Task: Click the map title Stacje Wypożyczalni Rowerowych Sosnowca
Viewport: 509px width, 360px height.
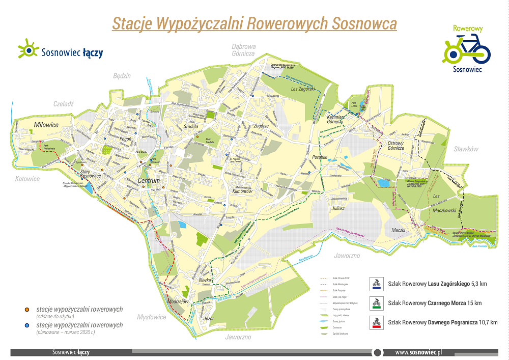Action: (254, 23)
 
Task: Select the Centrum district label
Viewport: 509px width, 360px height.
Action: (149, 181)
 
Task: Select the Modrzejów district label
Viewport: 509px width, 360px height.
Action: (178, 301)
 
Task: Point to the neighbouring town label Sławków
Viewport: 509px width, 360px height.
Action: (466, 149)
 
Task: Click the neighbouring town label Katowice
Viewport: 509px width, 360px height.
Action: (27, 179)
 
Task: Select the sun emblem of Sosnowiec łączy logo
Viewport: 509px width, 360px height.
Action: (29, 50)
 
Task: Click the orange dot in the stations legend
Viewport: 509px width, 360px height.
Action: (26, 309)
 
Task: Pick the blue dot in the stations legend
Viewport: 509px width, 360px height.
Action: (26, 324)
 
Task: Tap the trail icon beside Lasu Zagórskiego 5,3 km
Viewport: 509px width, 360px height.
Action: (376, 284)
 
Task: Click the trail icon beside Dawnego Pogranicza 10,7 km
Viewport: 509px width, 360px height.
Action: (376, 322)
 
